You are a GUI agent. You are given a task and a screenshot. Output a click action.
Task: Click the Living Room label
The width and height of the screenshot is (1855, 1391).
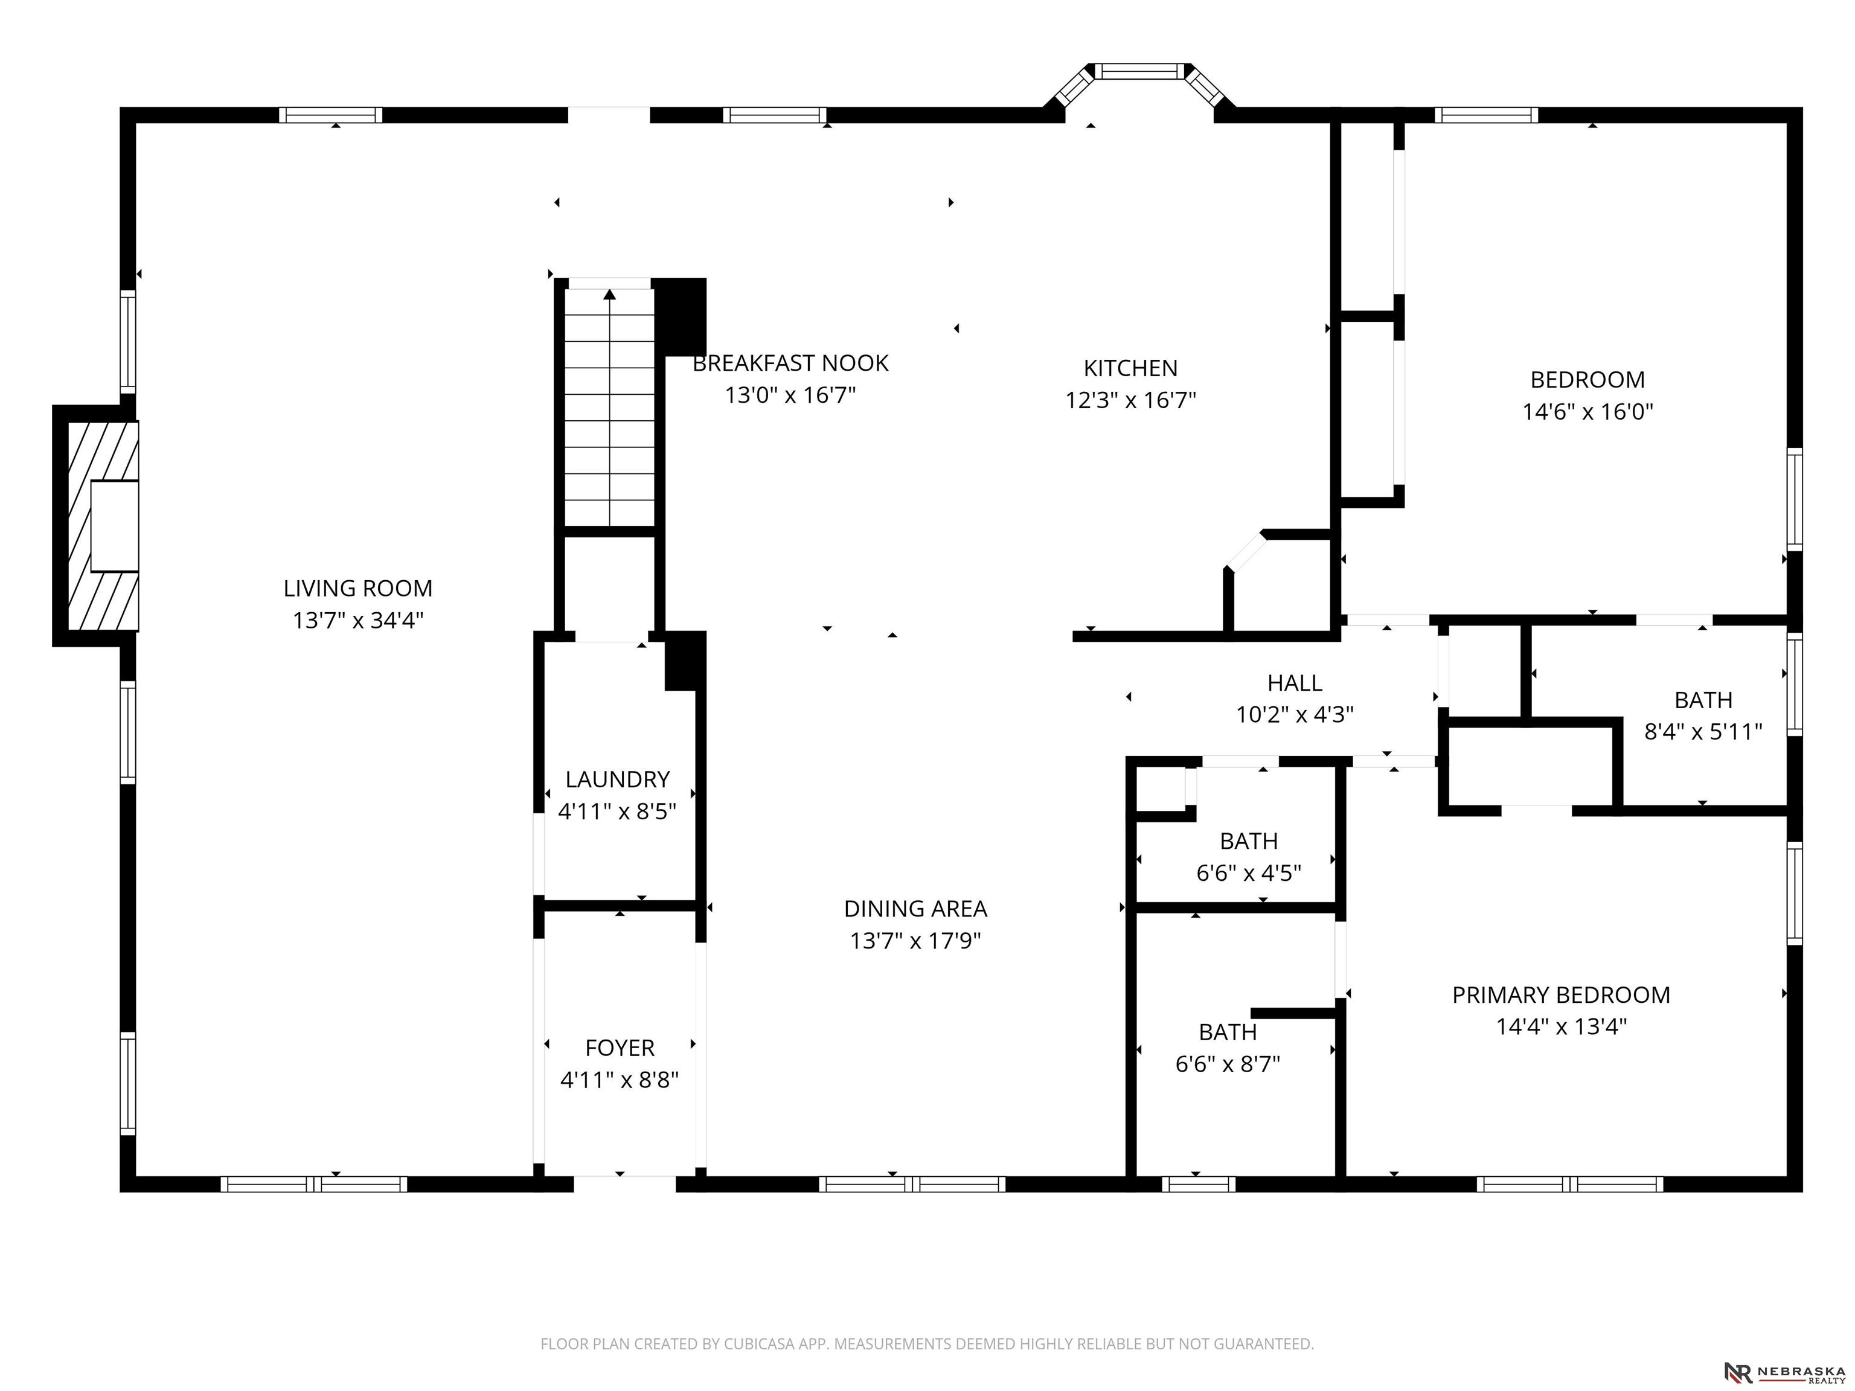point(358,589)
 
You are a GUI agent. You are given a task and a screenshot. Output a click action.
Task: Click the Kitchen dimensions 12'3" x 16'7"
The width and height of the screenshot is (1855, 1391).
point(1130,400)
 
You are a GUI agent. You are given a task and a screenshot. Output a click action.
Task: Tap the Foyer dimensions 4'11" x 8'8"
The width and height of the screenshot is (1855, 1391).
point(619,1080)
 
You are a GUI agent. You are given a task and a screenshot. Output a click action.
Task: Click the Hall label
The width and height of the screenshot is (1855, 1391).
point(1295,683)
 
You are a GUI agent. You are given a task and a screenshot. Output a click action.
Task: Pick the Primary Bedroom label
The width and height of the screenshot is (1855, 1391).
point(1561,995)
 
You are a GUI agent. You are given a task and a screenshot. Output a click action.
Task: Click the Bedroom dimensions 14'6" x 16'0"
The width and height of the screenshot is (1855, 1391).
point(1587,412)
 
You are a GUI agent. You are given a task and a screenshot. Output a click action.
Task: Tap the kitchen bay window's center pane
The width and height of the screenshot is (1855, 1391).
point(1139,71)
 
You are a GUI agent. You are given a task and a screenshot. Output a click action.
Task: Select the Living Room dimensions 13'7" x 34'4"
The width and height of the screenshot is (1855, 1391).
point(358,621)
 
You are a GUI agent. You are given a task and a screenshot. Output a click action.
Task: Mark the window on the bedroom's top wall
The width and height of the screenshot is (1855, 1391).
point(1486,115)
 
